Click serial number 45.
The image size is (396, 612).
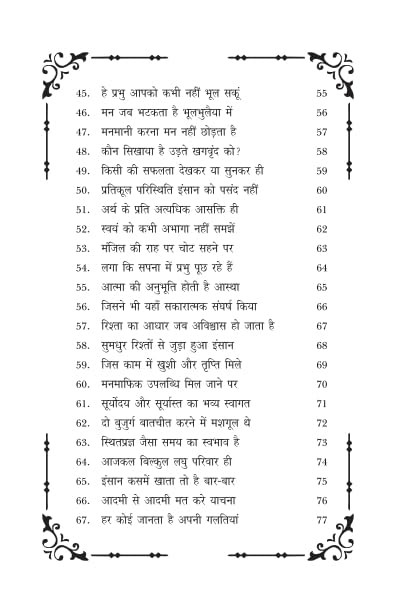pos(83,93)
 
